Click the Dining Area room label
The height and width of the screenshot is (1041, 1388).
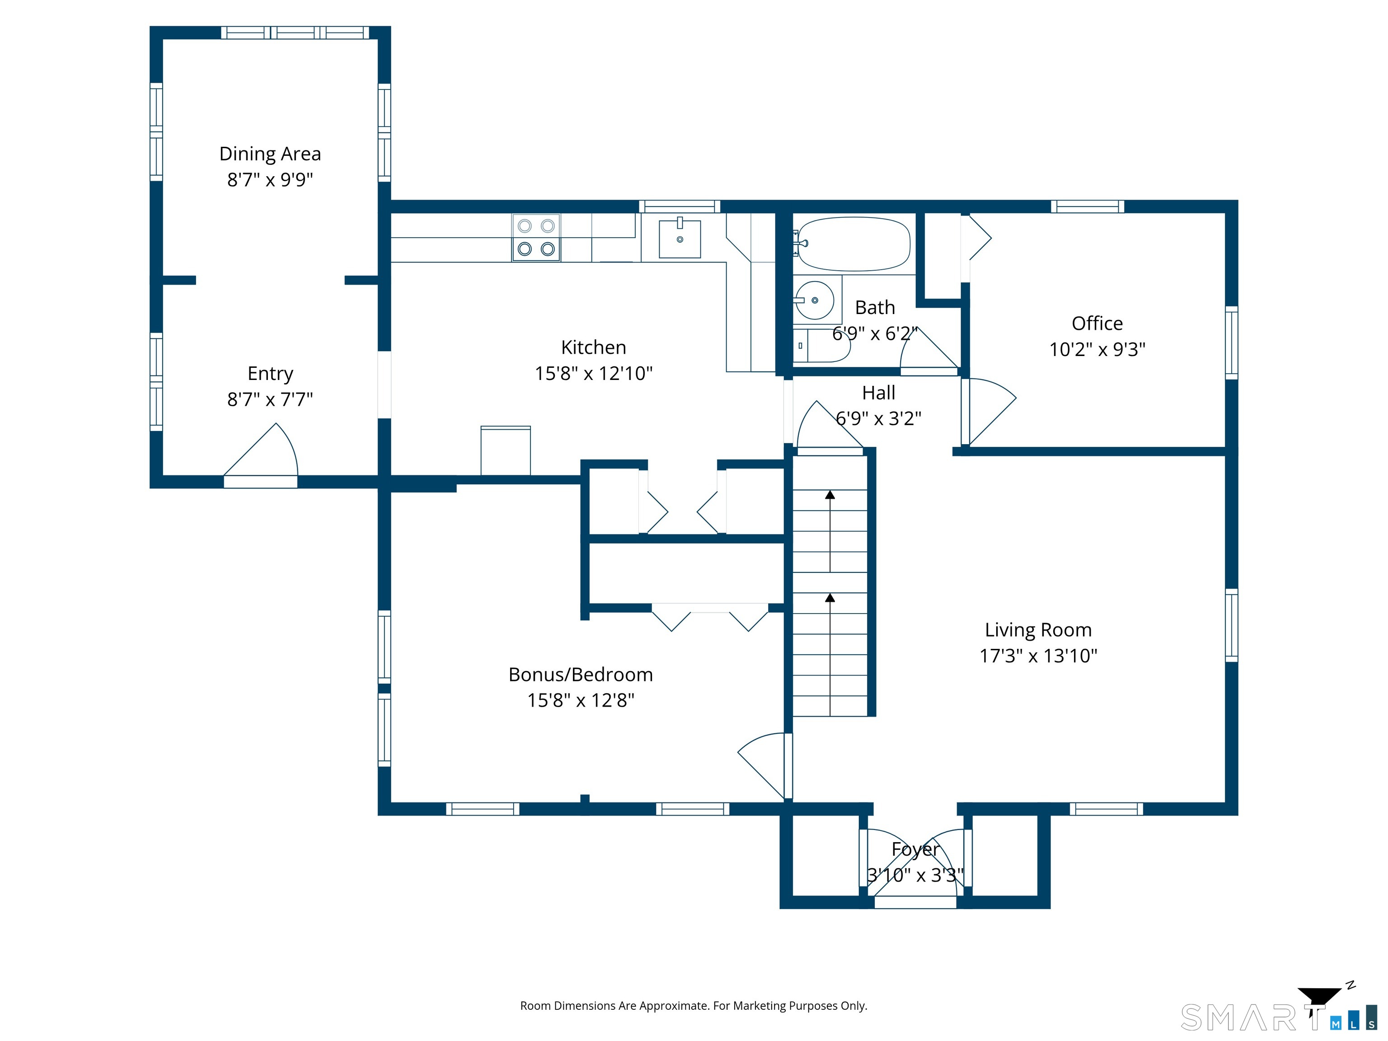point(270,154)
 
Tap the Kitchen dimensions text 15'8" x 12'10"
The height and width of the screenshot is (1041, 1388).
point(594,373)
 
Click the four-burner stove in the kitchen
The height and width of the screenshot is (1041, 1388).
point(536,238)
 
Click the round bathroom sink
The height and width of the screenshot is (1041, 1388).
point(815,300)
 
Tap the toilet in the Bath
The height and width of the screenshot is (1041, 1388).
point(821,346)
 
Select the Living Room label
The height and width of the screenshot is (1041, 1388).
point(1038,629)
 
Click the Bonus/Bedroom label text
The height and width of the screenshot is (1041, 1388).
point(581,675)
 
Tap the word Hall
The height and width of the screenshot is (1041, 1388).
point(878,393)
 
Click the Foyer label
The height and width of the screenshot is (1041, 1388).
point(915,849)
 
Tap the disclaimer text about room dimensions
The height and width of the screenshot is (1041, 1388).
point(694,1006)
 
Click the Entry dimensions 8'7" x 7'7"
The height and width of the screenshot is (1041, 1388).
point(270,399)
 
